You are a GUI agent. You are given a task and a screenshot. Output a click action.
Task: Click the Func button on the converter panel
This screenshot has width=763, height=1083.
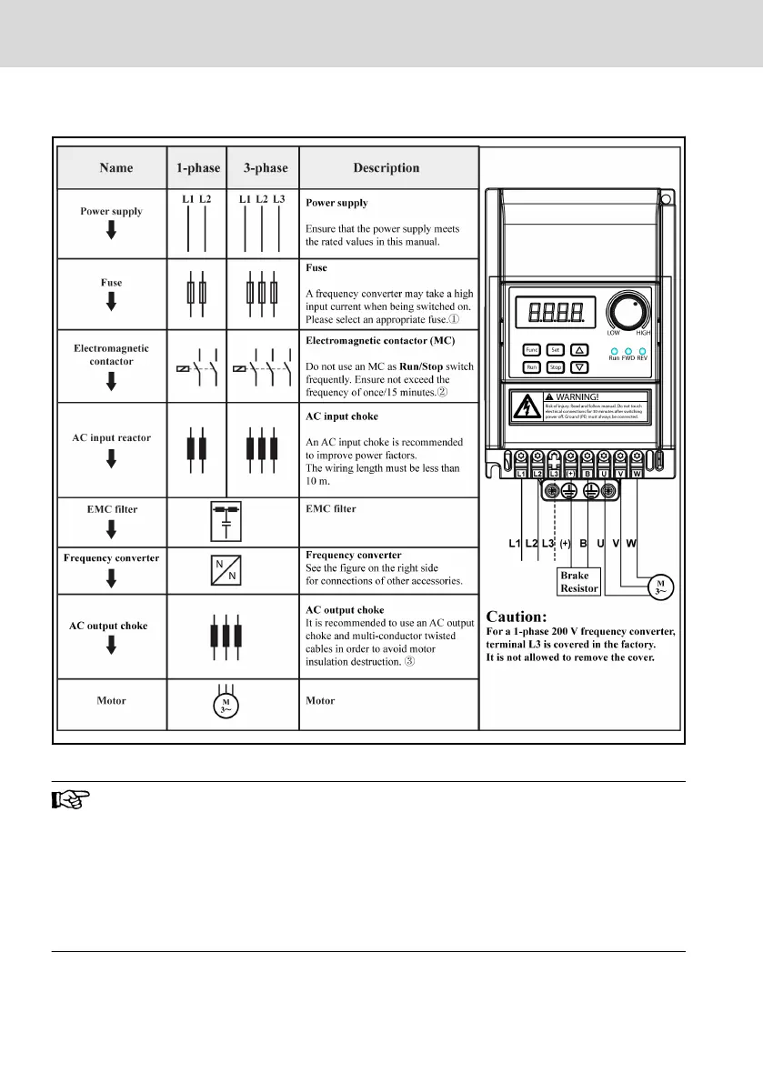click(532, 350)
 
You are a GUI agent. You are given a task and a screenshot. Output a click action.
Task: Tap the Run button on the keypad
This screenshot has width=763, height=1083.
click(532, 368)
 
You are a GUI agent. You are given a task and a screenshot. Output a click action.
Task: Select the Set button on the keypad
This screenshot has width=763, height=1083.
click(557, 350)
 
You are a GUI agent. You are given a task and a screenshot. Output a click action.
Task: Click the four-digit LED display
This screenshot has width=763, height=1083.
click(556, 313)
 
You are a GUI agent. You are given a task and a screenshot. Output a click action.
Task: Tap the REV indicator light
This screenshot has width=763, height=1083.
click(642, 351)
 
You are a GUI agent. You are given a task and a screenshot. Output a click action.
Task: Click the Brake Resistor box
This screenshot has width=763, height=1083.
click(579, 582)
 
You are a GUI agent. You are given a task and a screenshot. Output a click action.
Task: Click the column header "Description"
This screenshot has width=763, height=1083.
click(387, 167)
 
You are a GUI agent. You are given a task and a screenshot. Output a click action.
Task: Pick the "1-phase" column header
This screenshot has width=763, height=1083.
click(196, 167)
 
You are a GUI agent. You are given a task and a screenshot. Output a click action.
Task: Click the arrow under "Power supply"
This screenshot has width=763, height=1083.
click(111, 231)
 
